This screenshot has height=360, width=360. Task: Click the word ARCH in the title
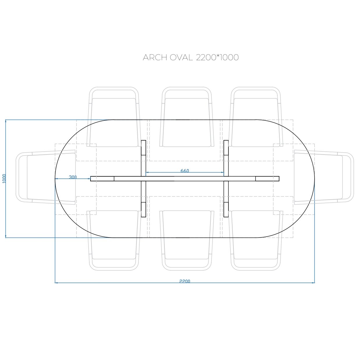155,57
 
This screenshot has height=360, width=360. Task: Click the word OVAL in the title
181,57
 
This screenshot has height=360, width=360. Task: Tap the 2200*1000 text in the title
217,57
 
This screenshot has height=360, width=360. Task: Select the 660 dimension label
185,171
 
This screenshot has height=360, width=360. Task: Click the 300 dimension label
73,177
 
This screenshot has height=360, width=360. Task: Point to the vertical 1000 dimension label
4,178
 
